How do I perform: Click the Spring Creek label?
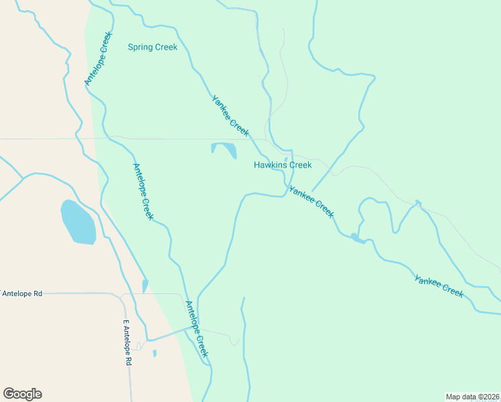153,47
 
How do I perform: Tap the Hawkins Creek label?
283,165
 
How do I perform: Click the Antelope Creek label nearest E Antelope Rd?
196,329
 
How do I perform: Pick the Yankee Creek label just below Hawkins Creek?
311,200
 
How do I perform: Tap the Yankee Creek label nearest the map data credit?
439,286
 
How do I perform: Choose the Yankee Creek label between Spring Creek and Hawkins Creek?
230,116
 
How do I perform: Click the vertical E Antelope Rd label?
127,342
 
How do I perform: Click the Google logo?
22,394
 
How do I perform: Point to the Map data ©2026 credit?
472,396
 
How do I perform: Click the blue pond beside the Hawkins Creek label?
225,149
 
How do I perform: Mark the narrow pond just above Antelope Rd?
145,286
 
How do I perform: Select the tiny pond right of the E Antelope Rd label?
155,353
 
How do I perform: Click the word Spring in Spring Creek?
141,47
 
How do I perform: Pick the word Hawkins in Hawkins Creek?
270,165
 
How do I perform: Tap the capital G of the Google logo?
9,394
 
